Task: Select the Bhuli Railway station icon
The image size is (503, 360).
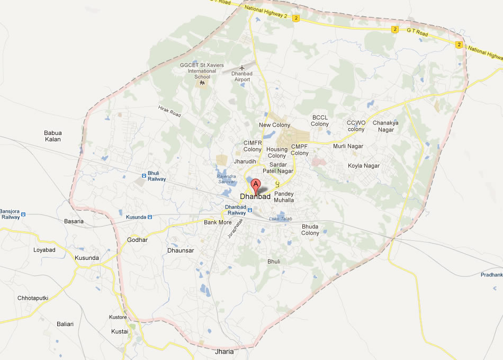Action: pyautogui.click(x=144, y=176)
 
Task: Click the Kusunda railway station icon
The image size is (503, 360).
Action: pyautogui.click(x=150, y=217)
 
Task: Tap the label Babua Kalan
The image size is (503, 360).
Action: pyautogui.click(x=53, y=136)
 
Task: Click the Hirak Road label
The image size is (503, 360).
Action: pyautogui.click(x=169, y=111)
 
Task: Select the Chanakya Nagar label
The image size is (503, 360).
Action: pyautogui.click(x=385, y=126)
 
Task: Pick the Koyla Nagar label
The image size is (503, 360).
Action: pyautogui.click(x=364, y=166)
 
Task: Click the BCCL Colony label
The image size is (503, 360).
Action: pyautogui.click(x=320, y=121)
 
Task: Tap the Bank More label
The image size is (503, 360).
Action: pyautogui.click(x=218, y=222)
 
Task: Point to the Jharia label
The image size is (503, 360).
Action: pyautogui.click(x=224, y=352)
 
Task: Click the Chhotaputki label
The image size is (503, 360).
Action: pyautogui.click(x=33, y=298)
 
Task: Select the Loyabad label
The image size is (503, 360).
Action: pyautogui.click(x=44, y=249)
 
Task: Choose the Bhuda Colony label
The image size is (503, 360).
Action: pyautogui.click(x=310, y=230)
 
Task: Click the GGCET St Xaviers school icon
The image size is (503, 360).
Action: pyautogui.click(x=202, y=83)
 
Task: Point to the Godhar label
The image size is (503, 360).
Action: pyautogui.click(x=138, y=240)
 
